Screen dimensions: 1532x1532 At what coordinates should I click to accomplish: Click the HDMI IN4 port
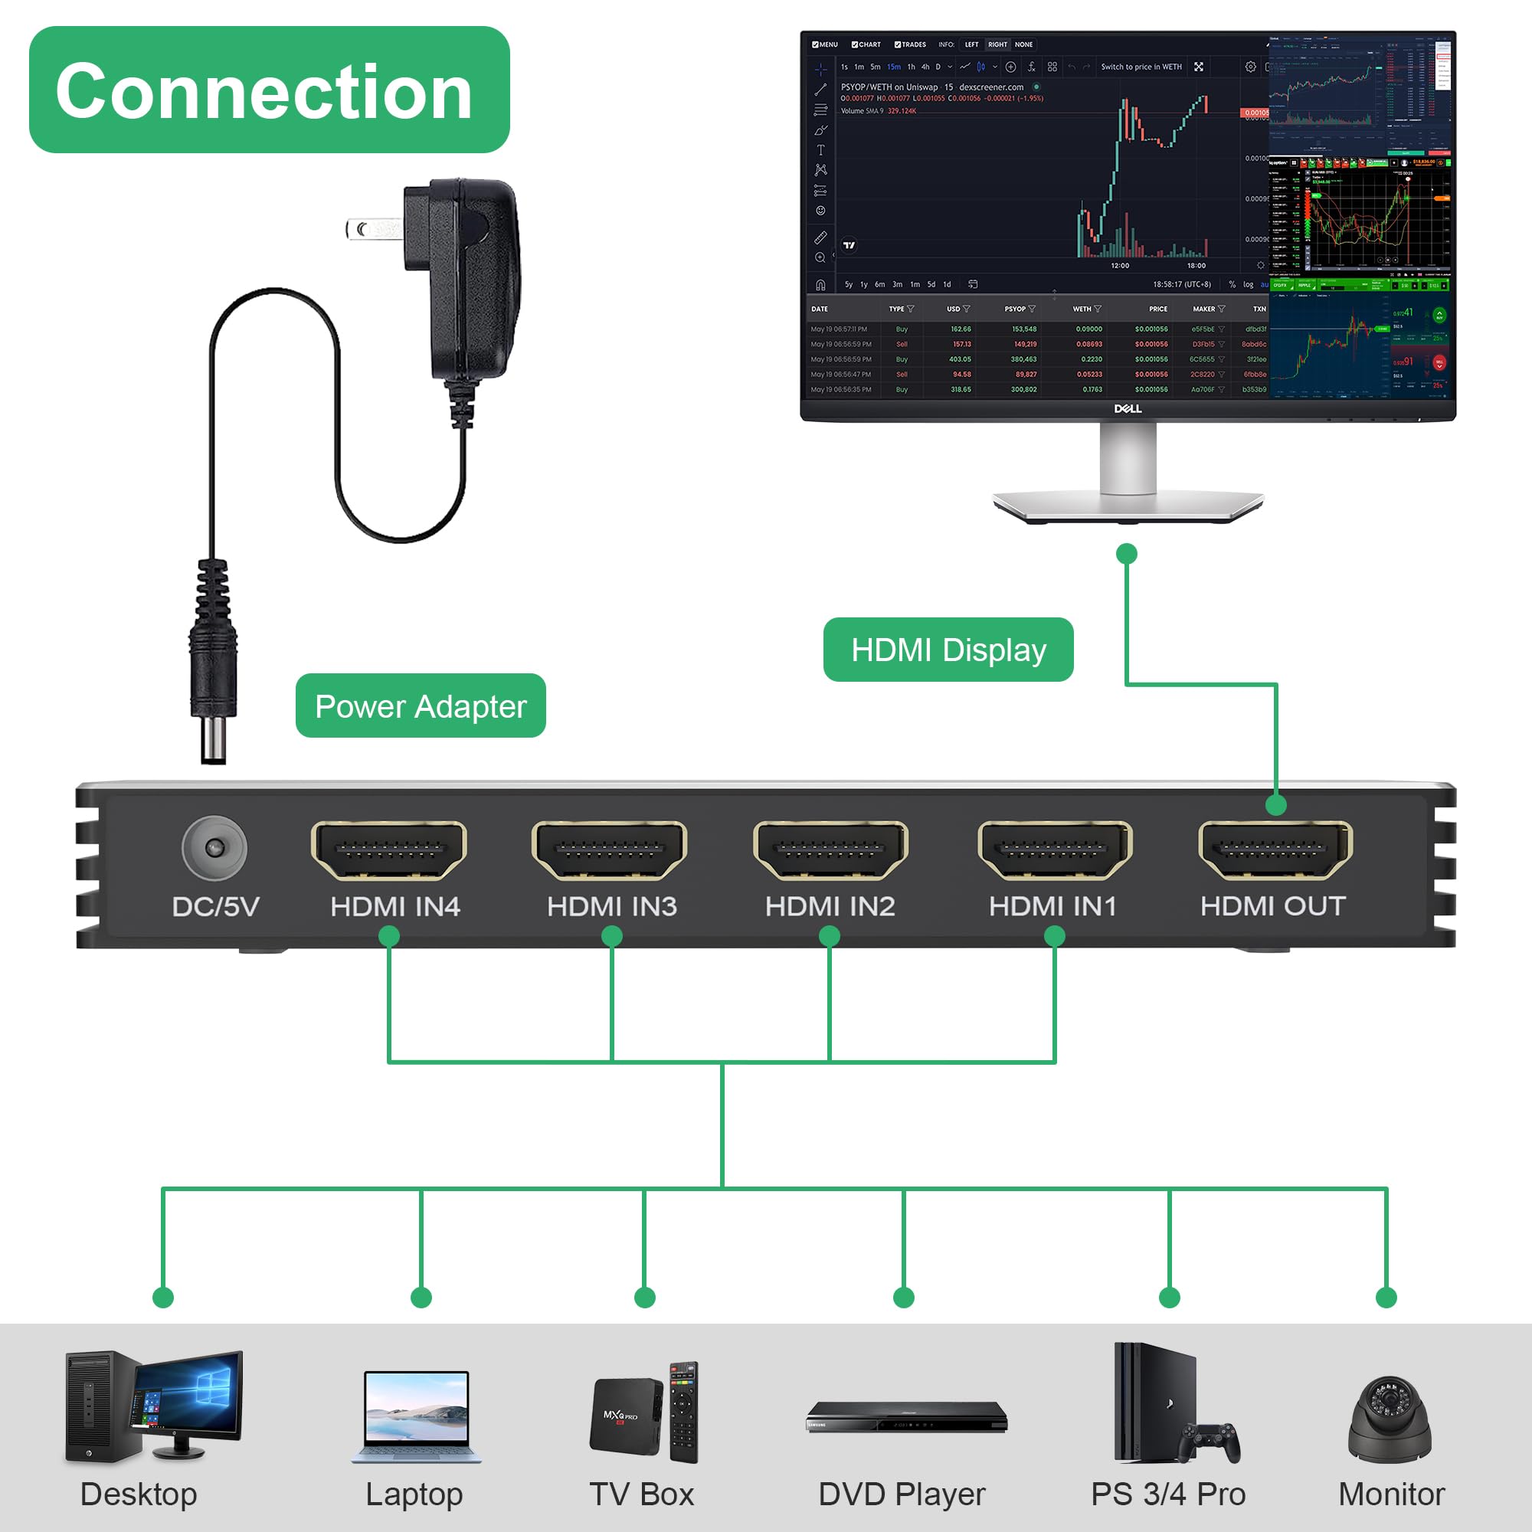(388, 850)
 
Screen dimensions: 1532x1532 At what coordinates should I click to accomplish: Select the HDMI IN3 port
(609, 850)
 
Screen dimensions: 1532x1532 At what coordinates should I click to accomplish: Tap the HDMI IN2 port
(830, 850)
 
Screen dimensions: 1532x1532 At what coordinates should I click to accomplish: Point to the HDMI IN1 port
(1055, 850)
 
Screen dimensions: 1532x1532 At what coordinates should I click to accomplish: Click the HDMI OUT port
(1275, 850)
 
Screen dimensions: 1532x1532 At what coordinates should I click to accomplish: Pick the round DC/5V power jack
(214, 848)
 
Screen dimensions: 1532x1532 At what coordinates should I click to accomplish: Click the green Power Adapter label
(421, 705)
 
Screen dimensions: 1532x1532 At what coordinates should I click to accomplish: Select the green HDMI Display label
(948, 650)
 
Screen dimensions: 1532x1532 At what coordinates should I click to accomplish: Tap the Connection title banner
(269, 90)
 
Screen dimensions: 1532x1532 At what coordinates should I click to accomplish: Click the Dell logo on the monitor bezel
(1128, 408)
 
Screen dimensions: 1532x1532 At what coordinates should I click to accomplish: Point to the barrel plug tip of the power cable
(213, 741)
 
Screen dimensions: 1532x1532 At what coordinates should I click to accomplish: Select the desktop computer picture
(153, 1406)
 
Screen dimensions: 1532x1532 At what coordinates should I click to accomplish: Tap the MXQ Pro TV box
(627, 1415)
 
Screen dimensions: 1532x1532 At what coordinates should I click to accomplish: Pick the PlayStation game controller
(1208, 1442)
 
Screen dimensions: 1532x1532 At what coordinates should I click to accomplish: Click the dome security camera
(1390, 1419)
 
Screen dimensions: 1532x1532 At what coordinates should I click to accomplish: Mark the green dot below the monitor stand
(1127, 554)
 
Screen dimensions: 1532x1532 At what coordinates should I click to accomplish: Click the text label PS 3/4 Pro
(1168, 1494)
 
